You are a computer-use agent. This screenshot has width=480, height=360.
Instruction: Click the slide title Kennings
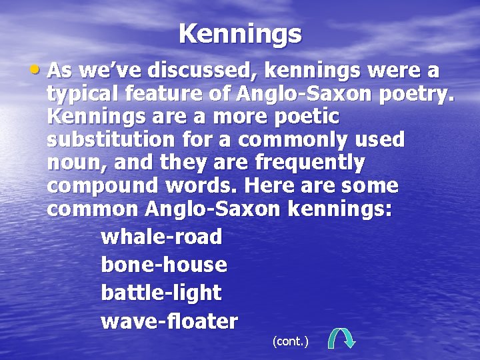[x=240, y=33]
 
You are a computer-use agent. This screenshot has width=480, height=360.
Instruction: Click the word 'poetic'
[x=303, y=117]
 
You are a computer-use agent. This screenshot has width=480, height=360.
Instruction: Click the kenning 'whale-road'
[x=161, y=237]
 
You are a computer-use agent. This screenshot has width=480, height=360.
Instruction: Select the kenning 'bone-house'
[x=164, y=265]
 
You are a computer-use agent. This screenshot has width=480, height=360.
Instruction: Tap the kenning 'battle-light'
[x=161, y=293]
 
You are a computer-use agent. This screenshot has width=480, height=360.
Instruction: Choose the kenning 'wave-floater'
[x=169, y=321]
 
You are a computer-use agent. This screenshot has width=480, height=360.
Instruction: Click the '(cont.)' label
[x=291, y=341]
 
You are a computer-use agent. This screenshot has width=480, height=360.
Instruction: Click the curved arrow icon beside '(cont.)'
[x=342, y=337]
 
